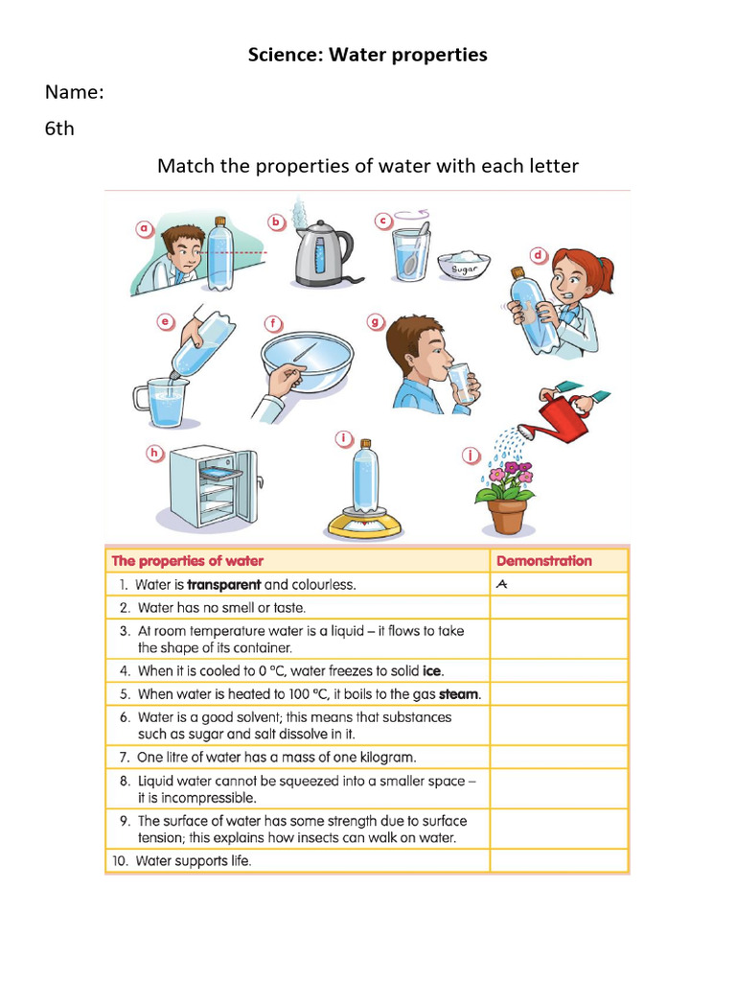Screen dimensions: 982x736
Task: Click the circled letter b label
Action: coord(277,222)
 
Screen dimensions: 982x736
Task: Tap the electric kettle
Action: coord(319,254)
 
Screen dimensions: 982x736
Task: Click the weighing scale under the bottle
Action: coord(365,523)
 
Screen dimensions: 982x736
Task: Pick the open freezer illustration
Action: coord(212,483)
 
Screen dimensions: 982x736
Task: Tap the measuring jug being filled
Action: coord(165,404)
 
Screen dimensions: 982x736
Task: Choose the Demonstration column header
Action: coord(543,561)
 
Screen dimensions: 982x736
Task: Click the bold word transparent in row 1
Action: coord(223,584)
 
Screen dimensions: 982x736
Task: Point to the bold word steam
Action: coord(459,693)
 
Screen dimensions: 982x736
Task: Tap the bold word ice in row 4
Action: coord(432,670)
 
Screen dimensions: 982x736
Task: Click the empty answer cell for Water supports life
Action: coord(559,860)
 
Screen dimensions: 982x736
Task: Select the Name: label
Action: coord(74,92)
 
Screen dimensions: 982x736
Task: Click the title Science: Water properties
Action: coord(367,55)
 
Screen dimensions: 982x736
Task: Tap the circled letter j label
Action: coord(470,456)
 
